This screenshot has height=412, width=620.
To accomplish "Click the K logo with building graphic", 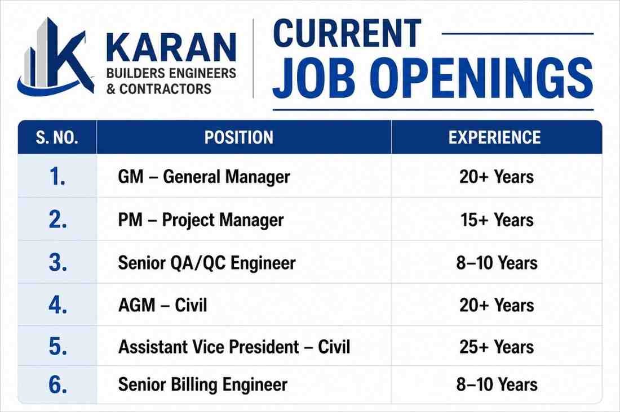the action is (x=55, y=57).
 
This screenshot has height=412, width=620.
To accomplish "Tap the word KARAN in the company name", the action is (x=171, y=48).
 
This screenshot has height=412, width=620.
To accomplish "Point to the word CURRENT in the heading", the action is (x=347, y=34).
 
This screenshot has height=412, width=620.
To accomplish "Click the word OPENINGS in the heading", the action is (x=484, y=78).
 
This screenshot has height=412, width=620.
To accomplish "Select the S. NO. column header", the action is (x=57, y=137).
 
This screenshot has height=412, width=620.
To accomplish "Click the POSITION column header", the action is (x=239, y=137).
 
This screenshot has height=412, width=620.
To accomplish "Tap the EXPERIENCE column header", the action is (x=495, y=137).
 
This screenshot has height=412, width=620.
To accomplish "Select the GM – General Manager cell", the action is (x=204, y=177).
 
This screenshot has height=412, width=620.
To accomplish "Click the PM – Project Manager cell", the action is (x=201, y=220).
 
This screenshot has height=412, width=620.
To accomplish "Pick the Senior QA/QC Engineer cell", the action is (x=207, y=263).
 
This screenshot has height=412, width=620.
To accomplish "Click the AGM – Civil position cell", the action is (x=162, y=306).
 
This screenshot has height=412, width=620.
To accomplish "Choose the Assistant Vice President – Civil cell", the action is (x=234, y=347).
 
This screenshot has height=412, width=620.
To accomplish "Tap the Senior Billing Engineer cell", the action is (x=203, y=385).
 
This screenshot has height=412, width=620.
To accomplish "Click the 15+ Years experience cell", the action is (x=497, y=220).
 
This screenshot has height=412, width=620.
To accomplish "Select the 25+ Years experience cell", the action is (x=497, y=347).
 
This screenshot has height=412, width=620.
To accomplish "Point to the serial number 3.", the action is (x=57, y=263).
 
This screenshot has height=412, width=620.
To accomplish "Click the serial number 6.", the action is (x=57, y=384).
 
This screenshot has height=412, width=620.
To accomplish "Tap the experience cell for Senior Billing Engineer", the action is (x=497, y=385).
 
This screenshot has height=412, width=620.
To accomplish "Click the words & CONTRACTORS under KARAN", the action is (x=159, y=89).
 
